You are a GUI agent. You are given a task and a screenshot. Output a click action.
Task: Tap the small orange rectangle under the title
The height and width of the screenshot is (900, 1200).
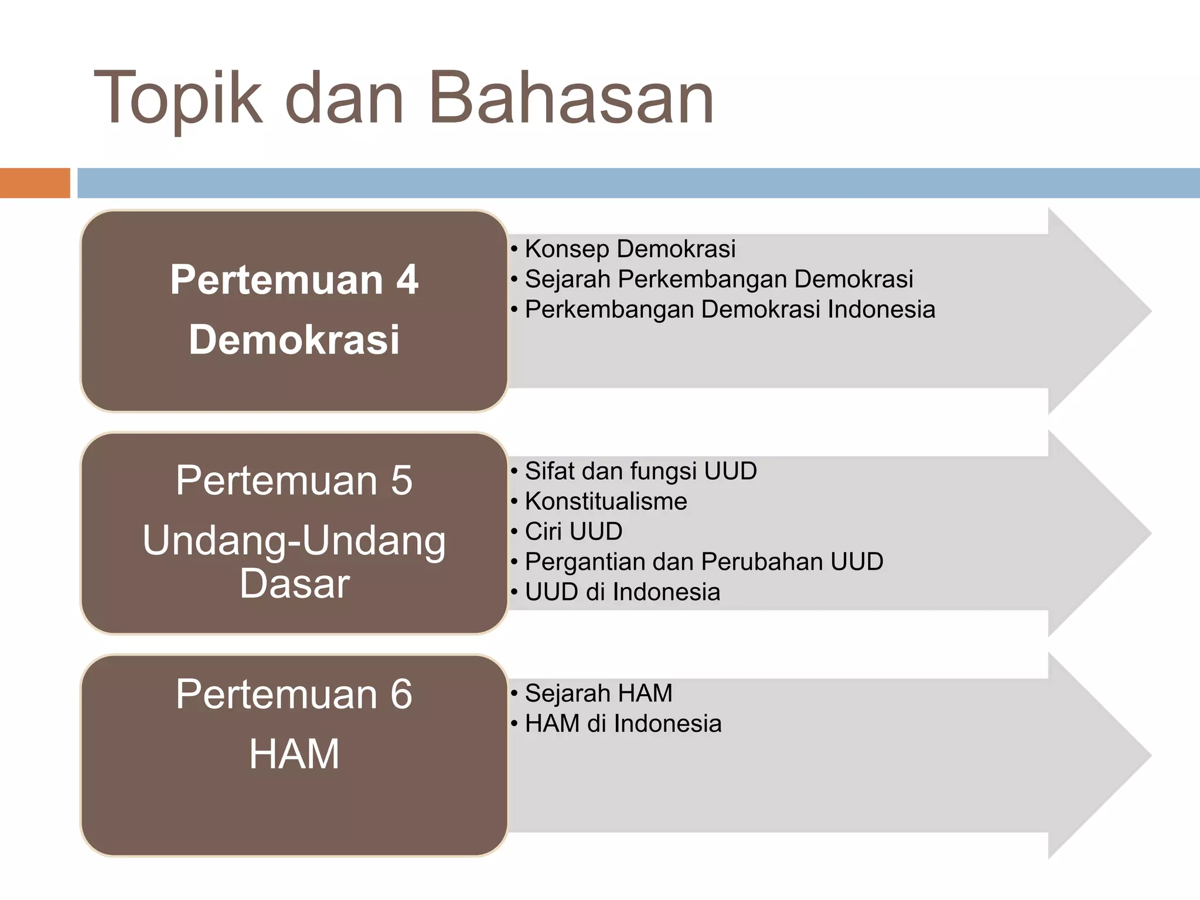(35, 183)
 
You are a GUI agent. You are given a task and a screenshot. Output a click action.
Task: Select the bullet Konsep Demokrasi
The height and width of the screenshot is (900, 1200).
(629, 249)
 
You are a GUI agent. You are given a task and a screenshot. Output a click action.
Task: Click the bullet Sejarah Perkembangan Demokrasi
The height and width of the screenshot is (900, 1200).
(718, 279)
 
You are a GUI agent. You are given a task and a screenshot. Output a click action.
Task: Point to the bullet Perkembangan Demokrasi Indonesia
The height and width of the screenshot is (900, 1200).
(729, 310)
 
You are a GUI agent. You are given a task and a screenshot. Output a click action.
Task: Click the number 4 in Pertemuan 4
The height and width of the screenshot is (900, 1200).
(407, 279)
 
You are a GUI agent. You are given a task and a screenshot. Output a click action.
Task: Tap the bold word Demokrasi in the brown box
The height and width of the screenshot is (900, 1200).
(294, 340)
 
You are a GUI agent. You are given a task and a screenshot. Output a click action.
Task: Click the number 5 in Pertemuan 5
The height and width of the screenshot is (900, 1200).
(401, 480)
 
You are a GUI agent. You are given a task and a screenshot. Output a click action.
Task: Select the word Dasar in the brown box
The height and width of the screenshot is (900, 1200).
(294, 584)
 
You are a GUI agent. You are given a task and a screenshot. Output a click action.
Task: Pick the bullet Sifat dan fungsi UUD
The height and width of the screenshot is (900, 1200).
(640, 471)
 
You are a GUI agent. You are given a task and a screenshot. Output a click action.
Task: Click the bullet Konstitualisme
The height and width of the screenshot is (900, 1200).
(605, 502)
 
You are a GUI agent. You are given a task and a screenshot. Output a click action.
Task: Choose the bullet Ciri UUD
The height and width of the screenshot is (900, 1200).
(573, 531)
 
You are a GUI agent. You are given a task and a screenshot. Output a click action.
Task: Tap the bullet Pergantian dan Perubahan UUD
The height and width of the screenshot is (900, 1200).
(704, 562)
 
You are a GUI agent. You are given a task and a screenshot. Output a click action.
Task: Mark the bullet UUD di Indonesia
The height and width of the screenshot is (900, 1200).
(622, 592)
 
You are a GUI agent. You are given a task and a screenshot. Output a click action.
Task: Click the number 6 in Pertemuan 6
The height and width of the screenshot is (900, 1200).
(401, 694)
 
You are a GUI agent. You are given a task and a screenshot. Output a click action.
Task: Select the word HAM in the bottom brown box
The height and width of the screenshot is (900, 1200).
(294, 754)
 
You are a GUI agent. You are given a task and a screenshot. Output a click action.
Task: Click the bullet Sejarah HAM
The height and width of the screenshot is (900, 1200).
(598, 694)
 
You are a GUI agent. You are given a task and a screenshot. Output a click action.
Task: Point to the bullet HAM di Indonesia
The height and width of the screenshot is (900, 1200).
(623, 724)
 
